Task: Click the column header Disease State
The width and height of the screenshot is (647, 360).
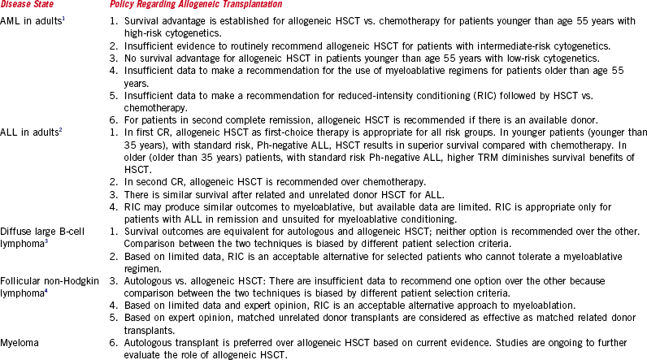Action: (x=28, y=7)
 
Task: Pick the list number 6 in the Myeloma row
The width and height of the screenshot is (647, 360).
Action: (x=113, y=332)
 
